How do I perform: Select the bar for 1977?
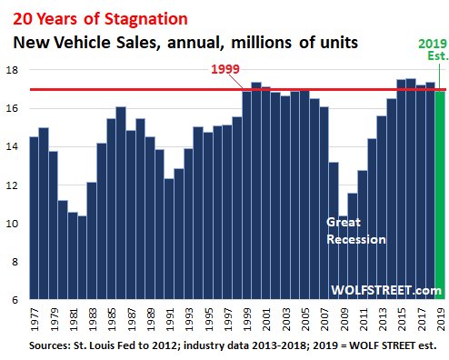(35, 218)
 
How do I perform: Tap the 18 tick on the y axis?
(15, 71)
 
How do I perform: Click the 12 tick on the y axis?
(15, 185)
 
